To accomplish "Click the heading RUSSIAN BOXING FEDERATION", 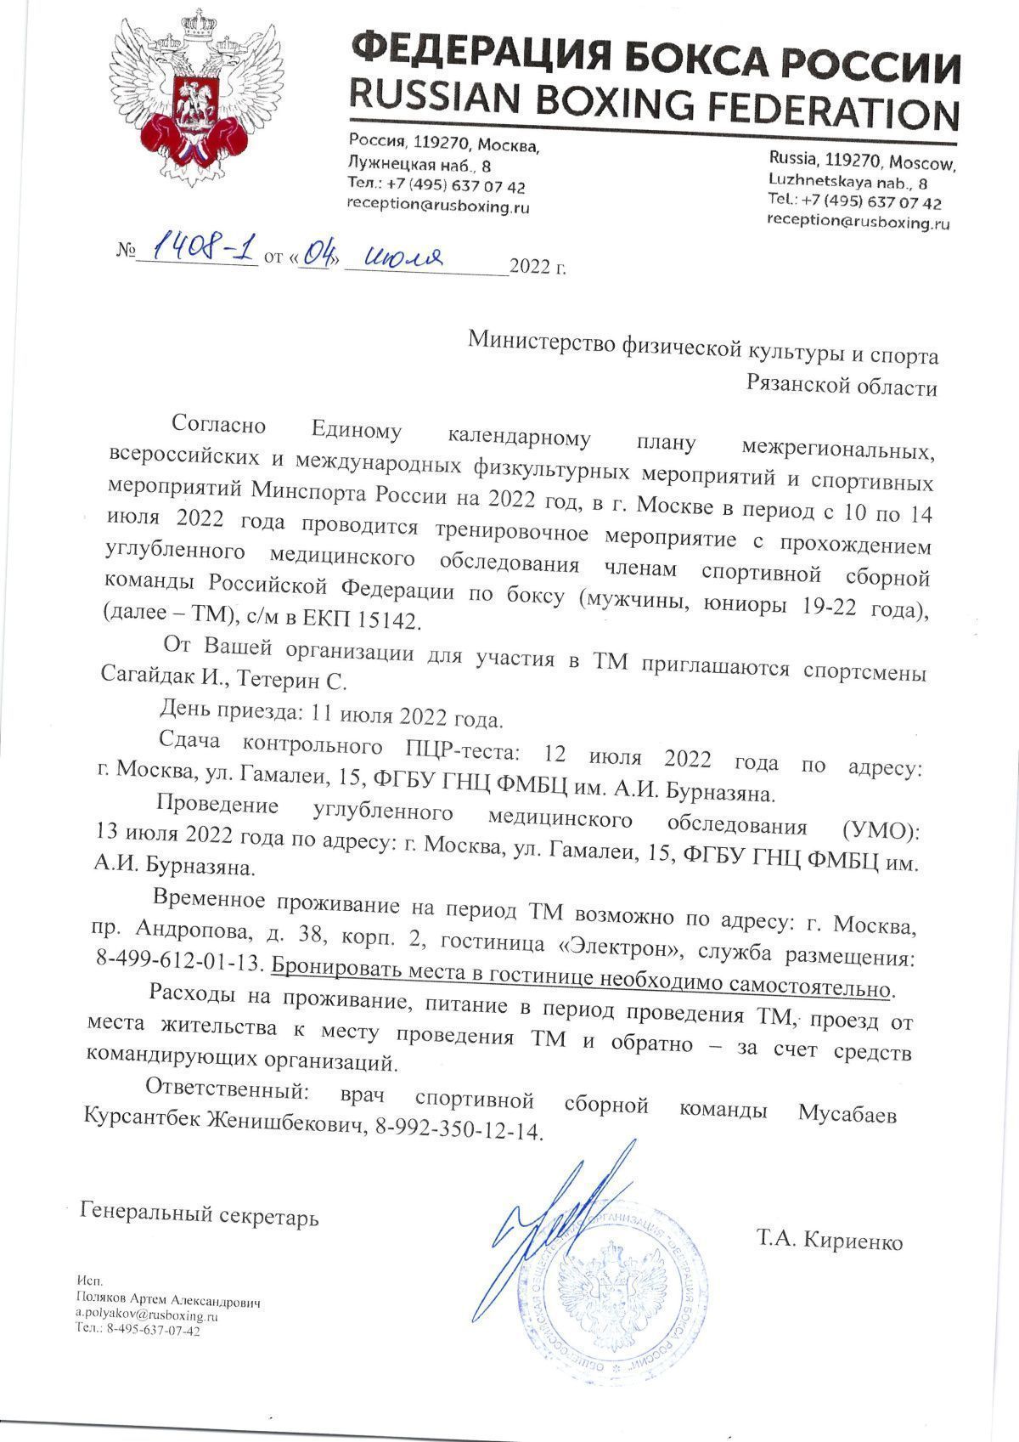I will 655,108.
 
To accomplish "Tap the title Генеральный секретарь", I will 200,1214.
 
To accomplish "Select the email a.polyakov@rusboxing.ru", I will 147,1315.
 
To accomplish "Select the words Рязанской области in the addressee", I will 842,388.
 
